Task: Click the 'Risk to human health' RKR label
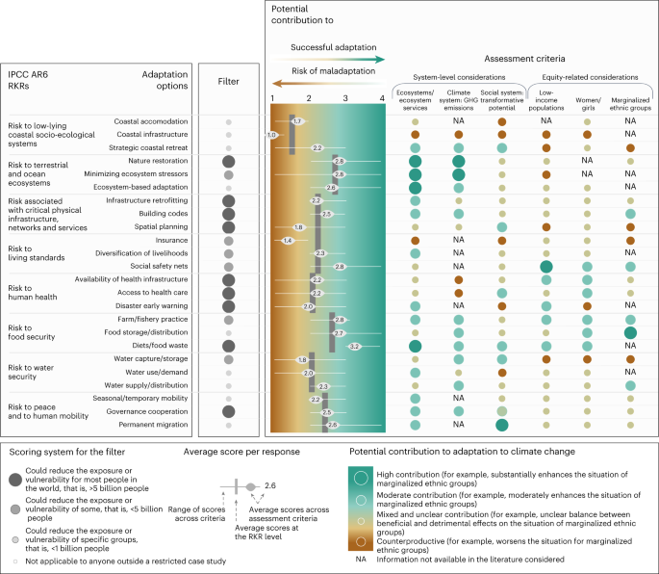[x=38, y=292]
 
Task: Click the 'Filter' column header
[x=228, y=82]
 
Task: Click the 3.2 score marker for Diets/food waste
[x=354, y=345]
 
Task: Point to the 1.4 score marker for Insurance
[x=288, y=239]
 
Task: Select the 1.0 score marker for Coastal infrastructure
[x=272, y=135]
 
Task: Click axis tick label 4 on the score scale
[x=382, y=98]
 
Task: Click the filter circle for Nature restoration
[x=228, y=161]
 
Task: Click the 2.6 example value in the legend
[x=270, y=486]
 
